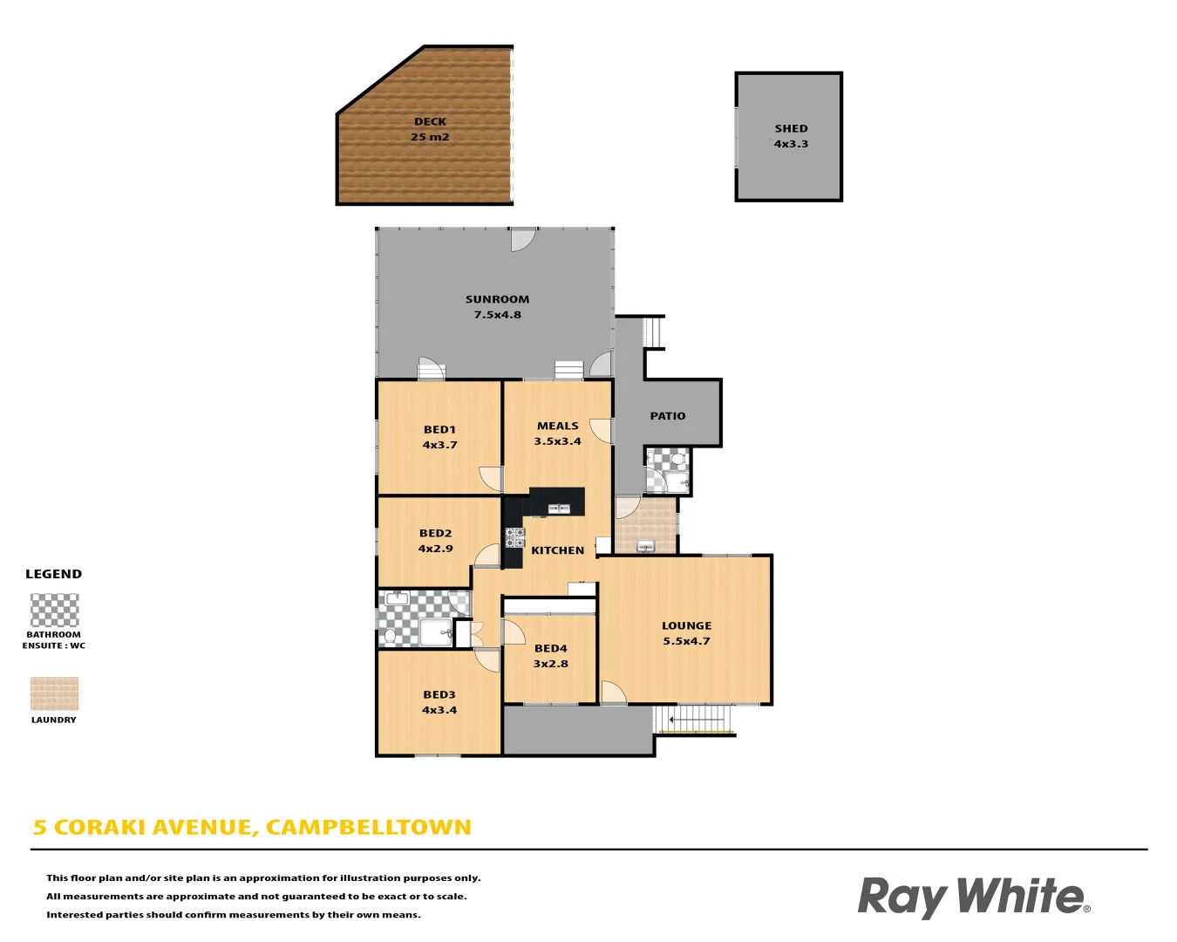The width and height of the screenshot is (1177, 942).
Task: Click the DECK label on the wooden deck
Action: (x=430, y=122)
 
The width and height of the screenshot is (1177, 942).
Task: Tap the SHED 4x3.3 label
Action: (x=791, y=136)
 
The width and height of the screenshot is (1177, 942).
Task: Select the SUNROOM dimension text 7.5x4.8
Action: (x=497, y=315)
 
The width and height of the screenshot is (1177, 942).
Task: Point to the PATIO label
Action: (x=668, y=416)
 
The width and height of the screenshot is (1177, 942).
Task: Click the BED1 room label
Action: (x=439, y=429)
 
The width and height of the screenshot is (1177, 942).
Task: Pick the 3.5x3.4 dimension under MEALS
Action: (x=557, y=441)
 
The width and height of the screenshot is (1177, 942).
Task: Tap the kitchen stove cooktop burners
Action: (x=514, y=537)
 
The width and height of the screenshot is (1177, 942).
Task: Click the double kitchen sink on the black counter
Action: (x=558, y=508)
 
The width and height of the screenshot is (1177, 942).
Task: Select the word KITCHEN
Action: (x=557, y=550)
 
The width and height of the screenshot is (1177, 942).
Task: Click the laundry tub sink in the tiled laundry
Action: (x=645, y=546)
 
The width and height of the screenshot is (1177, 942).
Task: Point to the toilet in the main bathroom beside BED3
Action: (x=390, y=636)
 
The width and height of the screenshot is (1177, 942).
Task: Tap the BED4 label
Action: (x=550, y=648)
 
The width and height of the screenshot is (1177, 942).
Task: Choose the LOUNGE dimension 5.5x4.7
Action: (x=686, y=641)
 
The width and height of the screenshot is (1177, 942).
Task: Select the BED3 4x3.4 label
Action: (x=439, y=702)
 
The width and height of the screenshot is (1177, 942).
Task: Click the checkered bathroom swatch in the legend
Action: (x=54, y=611)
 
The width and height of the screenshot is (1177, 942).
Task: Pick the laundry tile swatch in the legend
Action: (x=54, y=694)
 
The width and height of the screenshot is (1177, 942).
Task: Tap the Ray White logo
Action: (x=973, y=897)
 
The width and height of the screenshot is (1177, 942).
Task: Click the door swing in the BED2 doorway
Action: (x=488, y=555)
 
